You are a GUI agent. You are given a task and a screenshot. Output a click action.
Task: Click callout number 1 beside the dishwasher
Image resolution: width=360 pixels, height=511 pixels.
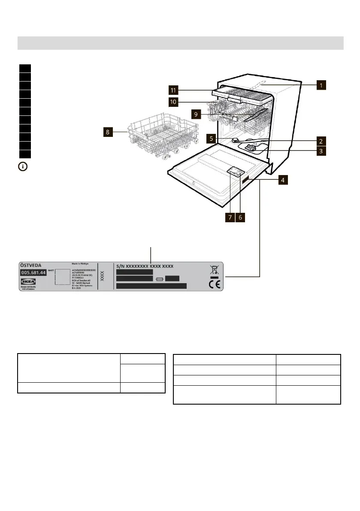point(320,85)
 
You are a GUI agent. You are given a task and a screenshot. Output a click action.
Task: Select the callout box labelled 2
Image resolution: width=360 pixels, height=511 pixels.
point(320,140)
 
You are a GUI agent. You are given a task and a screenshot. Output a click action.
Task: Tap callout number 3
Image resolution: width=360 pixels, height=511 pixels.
point(320,151)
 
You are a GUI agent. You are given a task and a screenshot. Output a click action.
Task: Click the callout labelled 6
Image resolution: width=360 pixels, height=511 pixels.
point(240,218)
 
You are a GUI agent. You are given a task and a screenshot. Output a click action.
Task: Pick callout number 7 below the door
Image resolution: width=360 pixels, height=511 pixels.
point(230,218)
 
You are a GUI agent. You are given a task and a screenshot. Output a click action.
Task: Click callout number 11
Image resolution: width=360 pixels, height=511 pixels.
point(173,90)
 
